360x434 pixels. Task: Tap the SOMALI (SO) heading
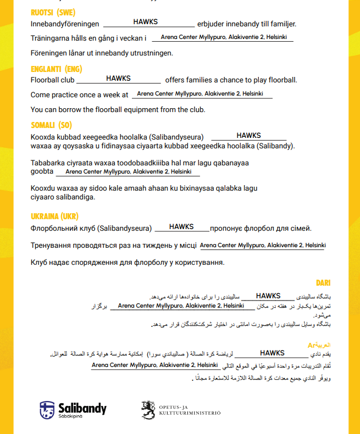51,125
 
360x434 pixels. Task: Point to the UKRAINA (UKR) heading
55,216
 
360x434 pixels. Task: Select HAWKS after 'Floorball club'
118,79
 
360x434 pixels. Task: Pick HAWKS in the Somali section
248,135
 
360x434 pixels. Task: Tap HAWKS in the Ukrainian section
181,226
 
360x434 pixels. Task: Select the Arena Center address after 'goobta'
129,172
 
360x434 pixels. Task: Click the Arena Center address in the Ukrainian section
263,245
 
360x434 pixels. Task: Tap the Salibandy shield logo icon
47,409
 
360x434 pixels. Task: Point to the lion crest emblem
148,409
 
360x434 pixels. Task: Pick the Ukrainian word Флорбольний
54,229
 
